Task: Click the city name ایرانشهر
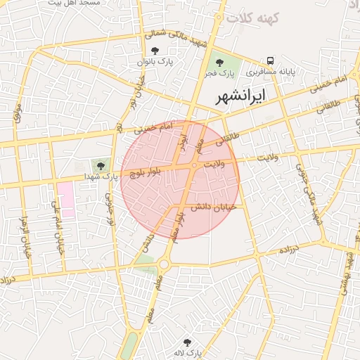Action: coord(240,94)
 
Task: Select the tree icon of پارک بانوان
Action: coord(155,51)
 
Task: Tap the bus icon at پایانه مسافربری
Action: coord(271,61)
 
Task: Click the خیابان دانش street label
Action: coord(214,207)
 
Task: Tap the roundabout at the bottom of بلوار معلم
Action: coord(165,264)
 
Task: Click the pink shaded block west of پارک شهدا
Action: coord(66,199)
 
